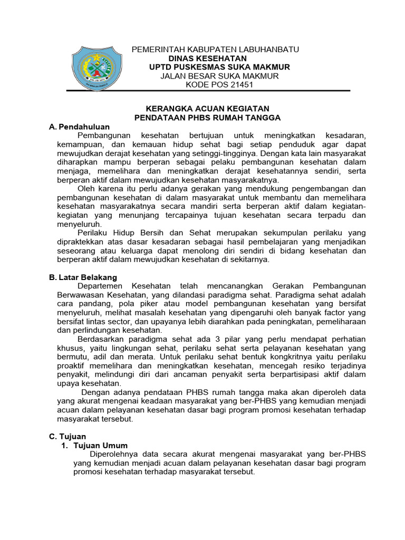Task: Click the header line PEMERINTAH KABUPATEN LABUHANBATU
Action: click(x=215, y=49)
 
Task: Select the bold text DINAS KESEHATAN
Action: click(x=207, y=58)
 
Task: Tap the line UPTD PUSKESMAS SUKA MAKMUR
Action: click(x=219, y=67)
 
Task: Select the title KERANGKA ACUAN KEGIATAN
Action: click(x=207, y=108)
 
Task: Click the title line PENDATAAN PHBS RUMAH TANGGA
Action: click(x=207, y=118)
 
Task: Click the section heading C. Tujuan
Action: click(x=67, y=437)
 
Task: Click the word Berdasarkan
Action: click(x=101, y=340)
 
